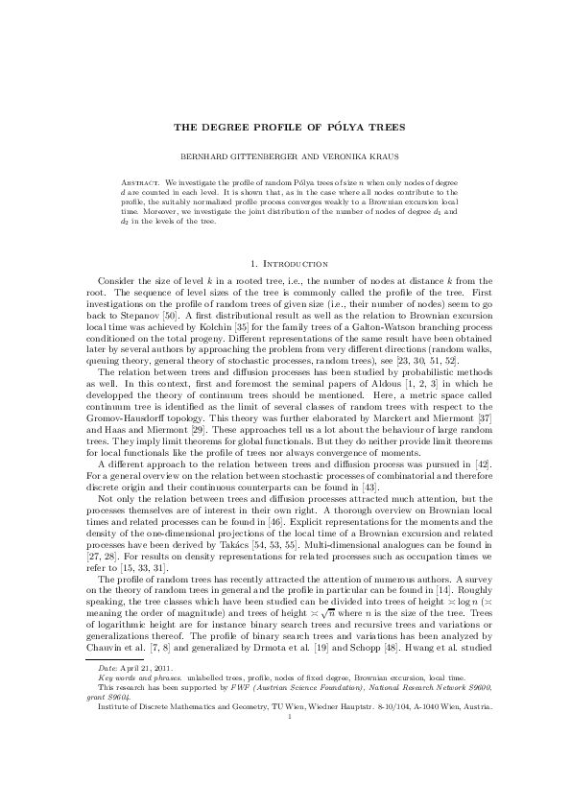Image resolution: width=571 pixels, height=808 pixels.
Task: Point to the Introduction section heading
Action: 293,262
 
